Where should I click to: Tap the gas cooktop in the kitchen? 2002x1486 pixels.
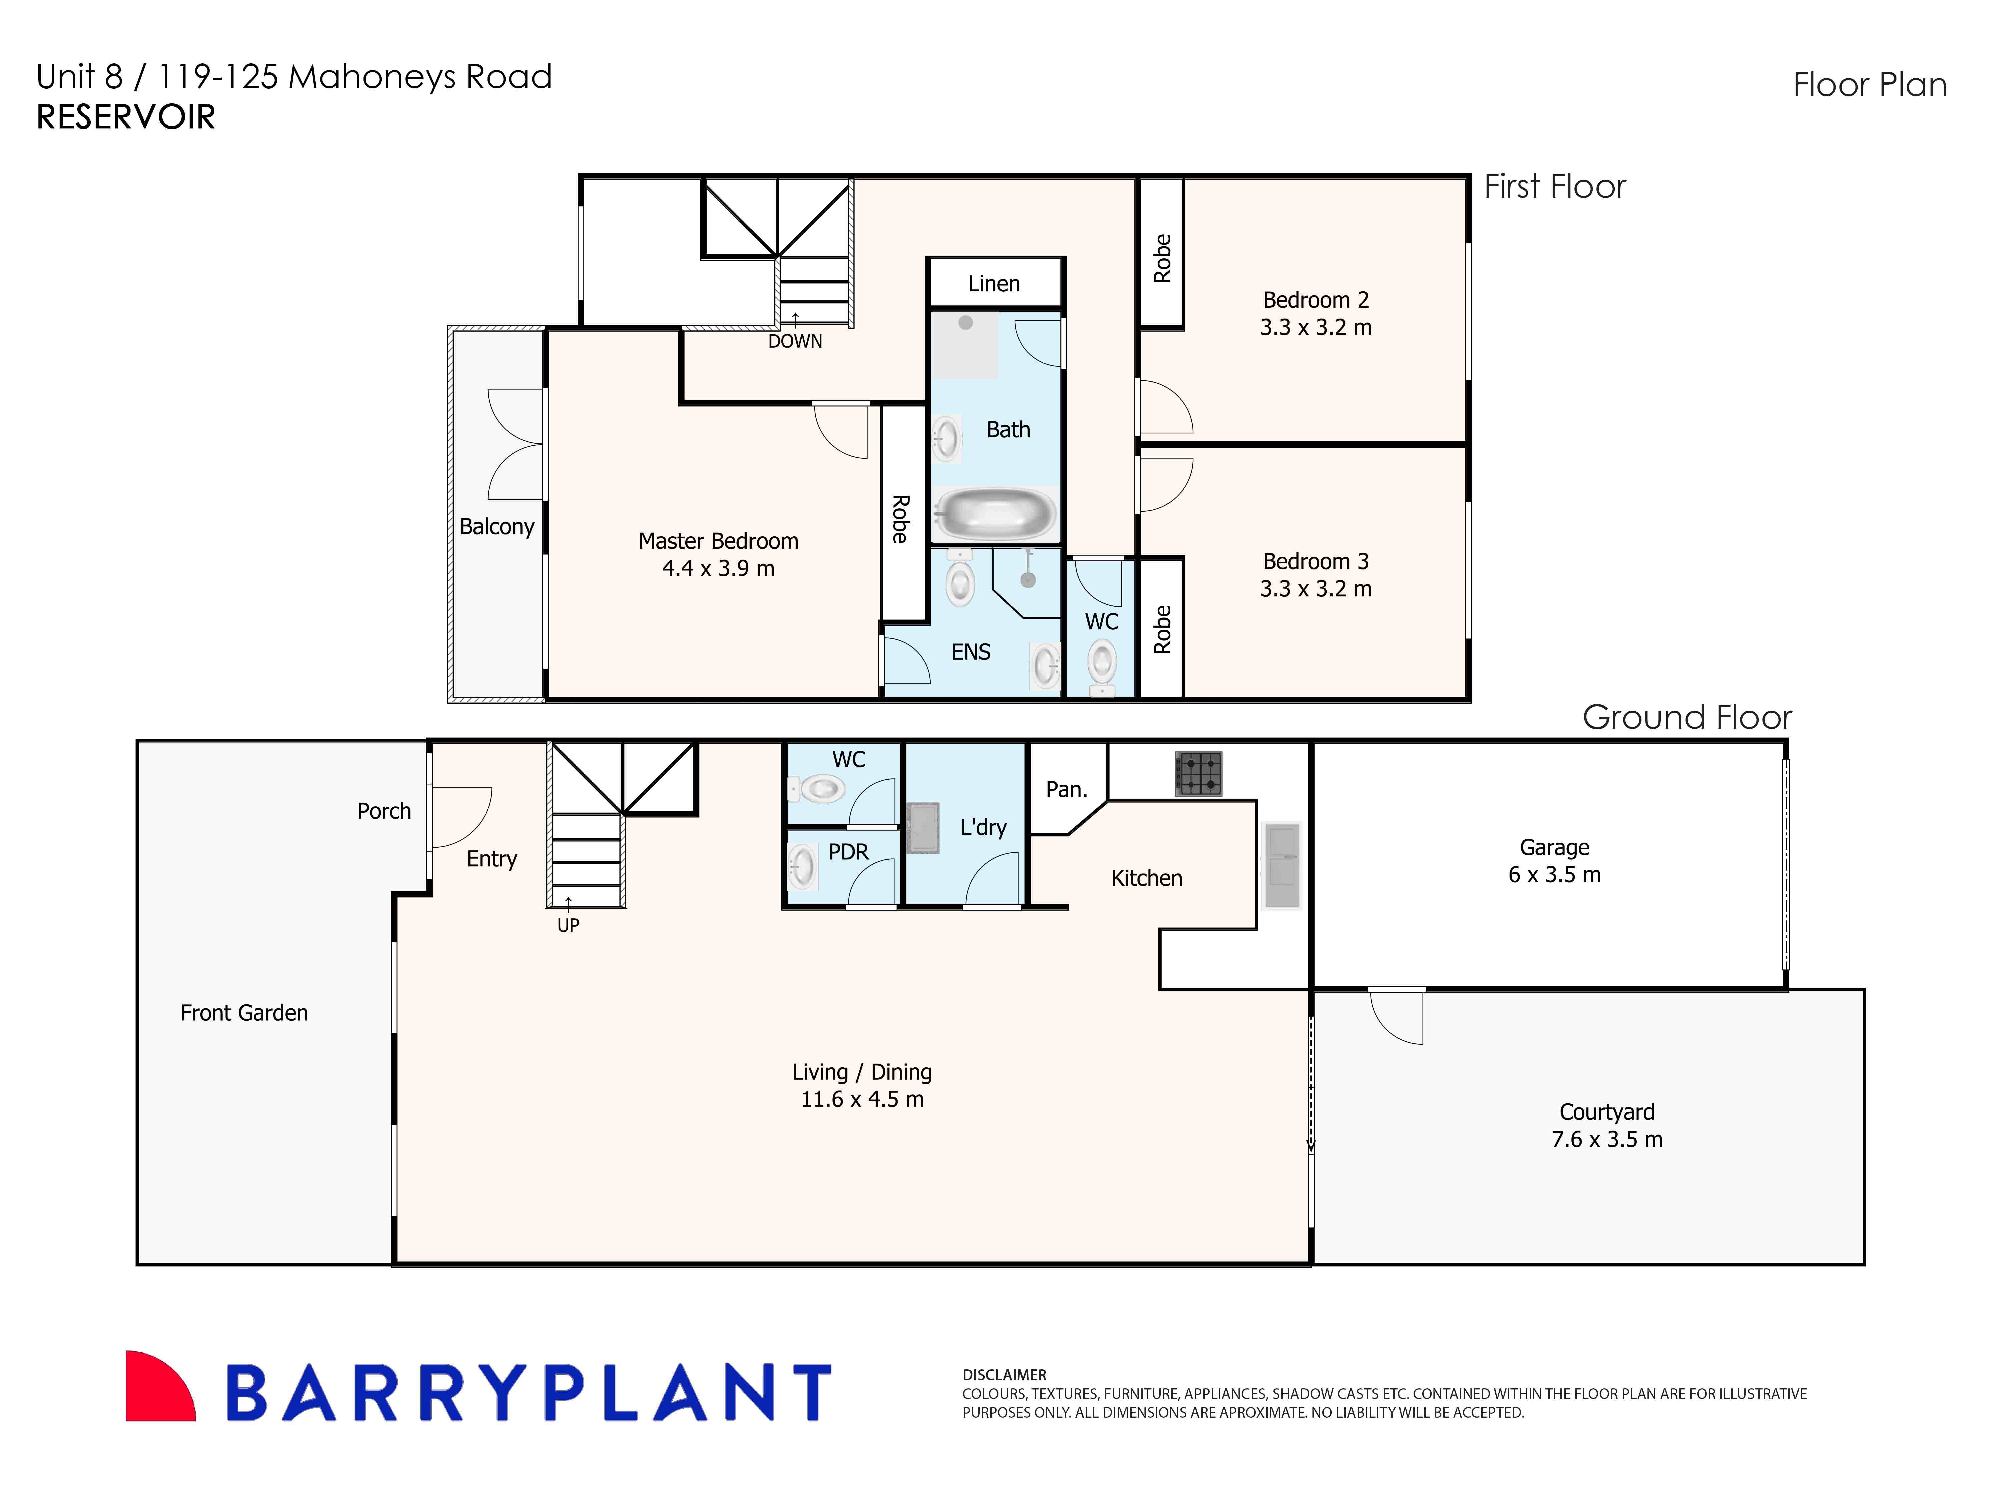click(x=1198, y=774)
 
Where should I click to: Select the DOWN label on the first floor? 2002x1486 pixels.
click(x=795, y=342)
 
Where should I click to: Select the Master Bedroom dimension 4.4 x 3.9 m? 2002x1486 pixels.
click(x=718, y=569)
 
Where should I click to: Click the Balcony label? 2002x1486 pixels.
click(x=497, y=526)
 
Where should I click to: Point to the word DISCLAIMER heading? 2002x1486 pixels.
click(x=1004, y=1375)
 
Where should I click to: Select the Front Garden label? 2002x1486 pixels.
click(x=244, y=1013)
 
